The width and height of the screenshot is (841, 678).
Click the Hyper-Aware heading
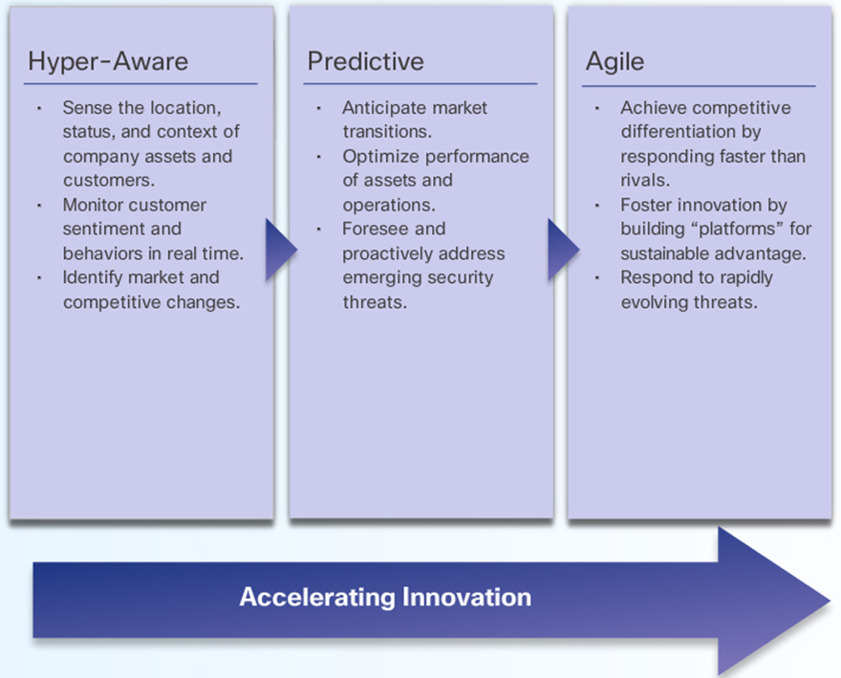[108, 61]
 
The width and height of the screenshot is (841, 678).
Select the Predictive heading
[365, 60]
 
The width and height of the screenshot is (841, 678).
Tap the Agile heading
[615, 62]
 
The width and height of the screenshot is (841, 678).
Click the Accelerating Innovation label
[385, 597]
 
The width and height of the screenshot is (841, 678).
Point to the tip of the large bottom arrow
[830, 601]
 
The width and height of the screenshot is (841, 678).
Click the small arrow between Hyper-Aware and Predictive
[281, 250]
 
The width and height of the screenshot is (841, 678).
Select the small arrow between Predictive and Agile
[563, 250]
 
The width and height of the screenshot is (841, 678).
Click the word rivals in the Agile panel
[645, 181]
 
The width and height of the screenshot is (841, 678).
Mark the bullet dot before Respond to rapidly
[596, 277]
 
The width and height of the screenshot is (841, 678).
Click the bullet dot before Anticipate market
[318, 108]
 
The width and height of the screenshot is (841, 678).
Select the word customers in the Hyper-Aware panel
[109, 181]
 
